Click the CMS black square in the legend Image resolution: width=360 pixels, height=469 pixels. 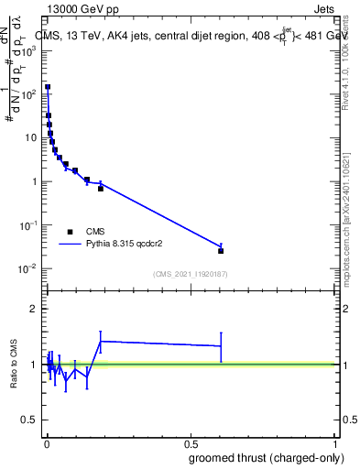click(x=70, y=232)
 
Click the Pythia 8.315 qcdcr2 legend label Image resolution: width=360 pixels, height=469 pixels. click(x=128, y=245)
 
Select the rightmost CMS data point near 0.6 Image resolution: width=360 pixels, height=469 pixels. click(x=221, y=250)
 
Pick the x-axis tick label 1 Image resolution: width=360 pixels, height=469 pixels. click(x=335, y=442)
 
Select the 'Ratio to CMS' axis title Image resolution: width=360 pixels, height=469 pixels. click(x=13, y=365)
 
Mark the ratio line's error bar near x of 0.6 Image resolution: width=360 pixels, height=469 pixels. click(x=221, y=346)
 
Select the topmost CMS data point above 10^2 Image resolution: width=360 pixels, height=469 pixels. click(x=47, y=87)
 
